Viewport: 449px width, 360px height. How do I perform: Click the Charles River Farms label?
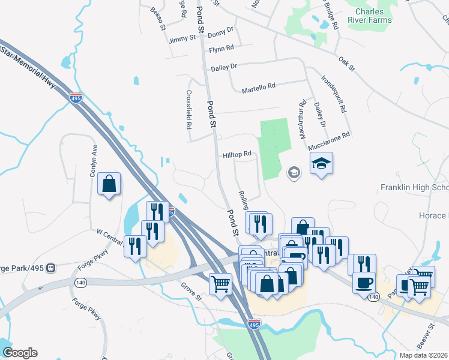pyautogui.click(x=373, y=16)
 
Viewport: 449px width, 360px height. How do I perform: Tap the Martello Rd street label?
pyautogui.click(x=258, y=88)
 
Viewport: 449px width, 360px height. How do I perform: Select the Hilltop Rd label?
pyautogui.click(x=237, y=155)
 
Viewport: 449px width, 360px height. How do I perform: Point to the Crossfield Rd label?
pyautogui.click(x=188, y=110)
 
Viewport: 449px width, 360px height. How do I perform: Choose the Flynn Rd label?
pyautogui.click(x=221, y=49)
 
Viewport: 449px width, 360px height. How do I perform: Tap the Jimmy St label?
pyautogui.click(x=182, y=39)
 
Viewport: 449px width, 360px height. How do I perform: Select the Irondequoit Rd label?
pyautogui.click(x=334, y=94)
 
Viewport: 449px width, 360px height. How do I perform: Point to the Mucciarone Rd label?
pyautogui.click(x=328, y=141)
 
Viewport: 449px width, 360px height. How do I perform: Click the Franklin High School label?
pyautogui.click(x=414, y=188)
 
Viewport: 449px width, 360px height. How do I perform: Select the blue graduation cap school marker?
pyautogui.click(x=321, y=163)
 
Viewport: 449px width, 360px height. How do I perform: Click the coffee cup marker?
pyautogui.click(x=364, y=281)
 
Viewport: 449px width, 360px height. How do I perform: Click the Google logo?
pyautogui.click(x=20, y=353)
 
